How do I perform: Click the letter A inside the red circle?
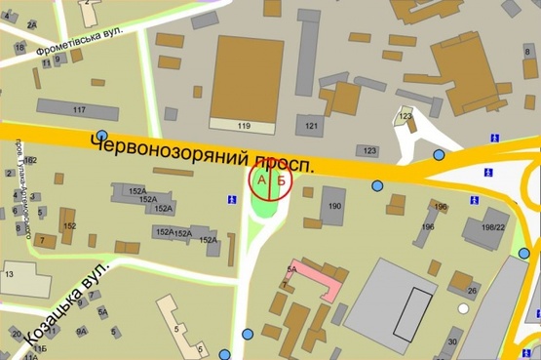260,180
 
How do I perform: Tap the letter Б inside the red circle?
281,180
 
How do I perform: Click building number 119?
244,127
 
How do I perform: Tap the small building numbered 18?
19,47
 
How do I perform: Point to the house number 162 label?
31,161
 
